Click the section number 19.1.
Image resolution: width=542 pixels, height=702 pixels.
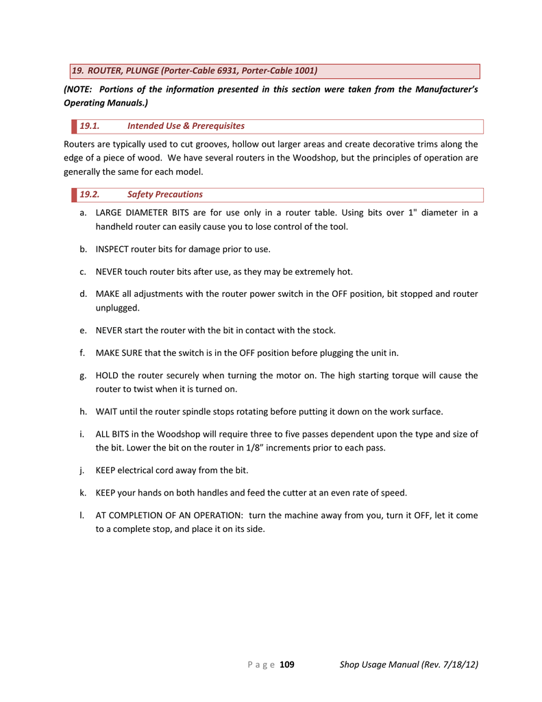pos(90,126)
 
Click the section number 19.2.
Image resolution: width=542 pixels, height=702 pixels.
pos(90,195)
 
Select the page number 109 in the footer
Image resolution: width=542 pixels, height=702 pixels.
pos(287,664)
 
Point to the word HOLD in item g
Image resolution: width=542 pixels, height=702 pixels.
pos(108,376)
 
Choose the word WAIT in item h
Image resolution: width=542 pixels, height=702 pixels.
pos(108,412)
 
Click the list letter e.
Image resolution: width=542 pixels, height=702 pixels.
pos(82,330)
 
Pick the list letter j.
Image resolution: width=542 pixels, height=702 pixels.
pos(82,470)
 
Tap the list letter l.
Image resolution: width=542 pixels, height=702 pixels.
pos(81,515)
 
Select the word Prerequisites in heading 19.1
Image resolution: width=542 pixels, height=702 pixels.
pos(218,126)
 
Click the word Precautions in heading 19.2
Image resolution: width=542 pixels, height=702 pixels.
pos(180,195)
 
